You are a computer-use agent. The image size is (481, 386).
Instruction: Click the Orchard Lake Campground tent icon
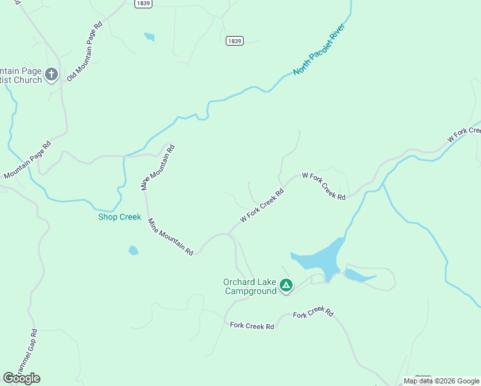pos(286,285)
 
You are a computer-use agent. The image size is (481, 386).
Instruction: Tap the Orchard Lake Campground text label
pos(250,286)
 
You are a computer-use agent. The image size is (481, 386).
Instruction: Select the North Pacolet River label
pos(319,51)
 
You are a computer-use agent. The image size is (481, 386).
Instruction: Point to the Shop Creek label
pos(119,217)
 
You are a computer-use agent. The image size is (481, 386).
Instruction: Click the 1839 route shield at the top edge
pos(143,4)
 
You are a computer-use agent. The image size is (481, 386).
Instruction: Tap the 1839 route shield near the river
pos(235,41)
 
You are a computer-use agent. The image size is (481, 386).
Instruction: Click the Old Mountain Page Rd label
pos(84,52)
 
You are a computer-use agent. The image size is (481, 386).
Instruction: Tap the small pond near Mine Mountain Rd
pos(133,250)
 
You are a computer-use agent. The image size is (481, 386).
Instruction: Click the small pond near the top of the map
pos(149,37)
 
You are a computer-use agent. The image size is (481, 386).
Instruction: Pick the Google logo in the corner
pos(21,378)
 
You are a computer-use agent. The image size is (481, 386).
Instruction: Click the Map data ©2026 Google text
pos(441,381)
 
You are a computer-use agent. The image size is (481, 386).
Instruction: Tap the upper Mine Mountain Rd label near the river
pos(158,167)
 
